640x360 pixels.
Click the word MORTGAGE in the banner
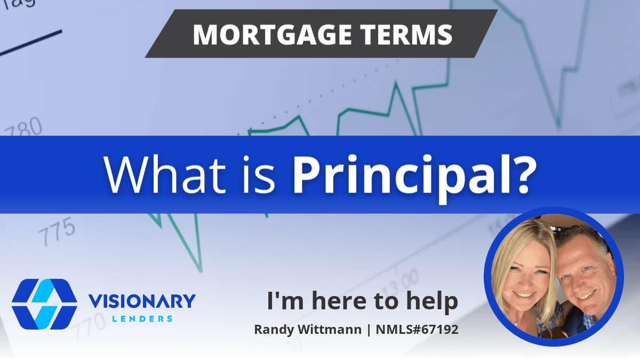273,35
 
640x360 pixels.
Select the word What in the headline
165,174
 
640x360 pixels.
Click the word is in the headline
259,174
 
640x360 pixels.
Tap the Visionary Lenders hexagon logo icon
44,304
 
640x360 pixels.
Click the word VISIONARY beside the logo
142,301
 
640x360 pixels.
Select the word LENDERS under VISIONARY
142,318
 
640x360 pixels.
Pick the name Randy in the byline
274,330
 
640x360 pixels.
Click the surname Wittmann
330,330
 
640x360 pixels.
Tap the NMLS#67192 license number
417,330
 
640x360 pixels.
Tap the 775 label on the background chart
57,231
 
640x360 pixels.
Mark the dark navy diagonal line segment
31,43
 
